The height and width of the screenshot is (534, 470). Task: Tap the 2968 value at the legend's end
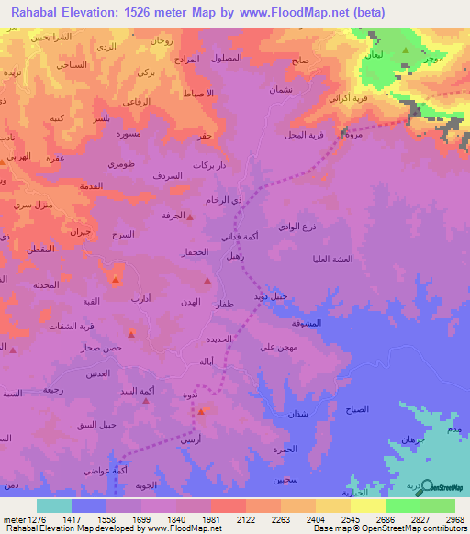coord(454,519)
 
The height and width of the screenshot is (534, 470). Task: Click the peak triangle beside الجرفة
coord(190,217)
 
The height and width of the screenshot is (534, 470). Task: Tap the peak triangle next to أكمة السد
coord(146,400)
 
